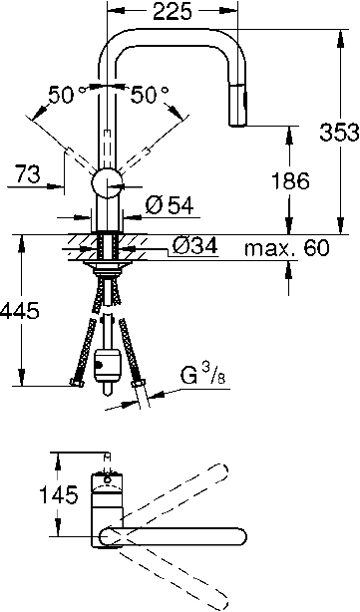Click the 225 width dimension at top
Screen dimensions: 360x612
(x=173, y=12)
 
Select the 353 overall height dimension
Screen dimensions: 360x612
(x=339, y=132)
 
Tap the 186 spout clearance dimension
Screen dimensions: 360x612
(x=290, y=180)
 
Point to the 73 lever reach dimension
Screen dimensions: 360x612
(x=27, y=174)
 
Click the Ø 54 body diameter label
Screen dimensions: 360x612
(x=170, y=205)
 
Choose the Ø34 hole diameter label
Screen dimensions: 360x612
(x=194, y=246)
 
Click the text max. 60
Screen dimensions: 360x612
(x=287, y=248)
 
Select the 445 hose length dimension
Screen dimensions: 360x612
(x=20, y=311)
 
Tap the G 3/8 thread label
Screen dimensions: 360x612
(x=202, y=375)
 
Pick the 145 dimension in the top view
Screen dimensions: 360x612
(x=60, y=495)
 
